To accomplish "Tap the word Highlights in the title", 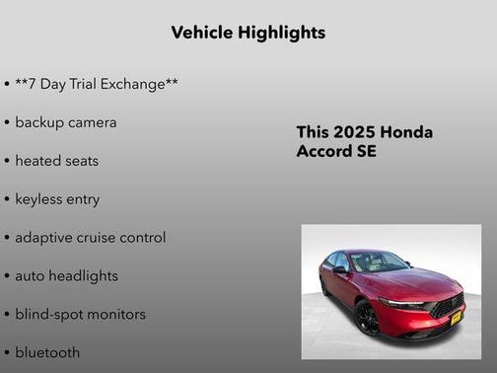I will [282, 33].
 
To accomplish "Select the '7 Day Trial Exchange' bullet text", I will [97, 84].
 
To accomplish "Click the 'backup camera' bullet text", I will [66, 122].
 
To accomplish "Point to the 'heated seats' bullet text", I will [57, 160].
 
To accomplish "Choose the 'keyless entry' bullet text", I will [57, 198].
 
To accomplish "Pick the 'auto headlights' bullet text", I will [66, 275].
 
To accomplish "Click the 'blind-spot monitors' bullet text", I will [80, 314].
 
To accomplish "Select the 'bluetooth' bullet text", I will [47, 352].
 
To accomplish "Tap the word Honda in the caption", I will [406, 132].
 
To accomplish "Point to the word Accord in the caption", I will [325, 152].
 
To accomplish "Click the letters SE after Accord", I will [367, 152].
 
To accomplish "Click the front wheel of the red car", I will [368, 319].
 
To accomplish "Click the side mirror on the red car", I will [339, 268].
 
